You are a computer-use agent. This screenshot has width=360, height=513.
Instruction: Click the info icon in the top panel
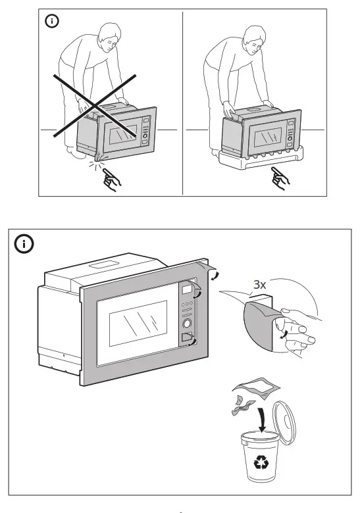[51, 22]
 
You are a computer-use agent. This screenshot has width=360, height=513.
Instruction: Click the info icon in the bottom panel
[25, 245]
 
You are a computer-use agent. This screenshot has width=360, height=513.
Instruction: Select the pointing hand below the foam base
[280, 178]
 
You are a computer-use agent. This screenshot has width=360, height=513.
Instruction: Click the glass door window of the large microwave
[133, 325]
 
